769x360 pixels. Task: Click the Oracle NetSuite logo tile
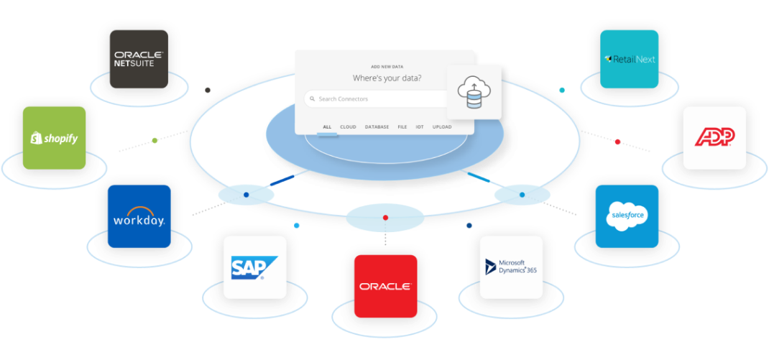[x=139, y=60]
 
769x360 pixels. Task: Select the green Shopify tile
[x=55, y=138]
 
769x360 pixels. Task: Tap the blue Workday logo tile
[x=139, y=216]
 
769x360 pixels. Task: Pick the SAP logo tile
[x=255, y=267]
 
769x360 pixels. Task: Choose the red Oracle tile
[x=385, y=286]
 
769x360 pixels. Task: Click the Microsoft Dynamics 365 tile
[x=511, y=267]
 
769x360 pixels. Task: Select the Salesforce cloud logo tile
[x=627, y=216]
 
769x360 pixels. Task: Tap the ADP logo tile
[x=714, y=138]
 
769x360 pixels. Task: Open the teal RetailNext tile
[x=630, y=60]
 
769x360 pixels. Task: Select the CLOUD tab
[x=349, y=127]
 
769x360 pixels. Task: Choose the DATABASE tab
[x=377, y=127]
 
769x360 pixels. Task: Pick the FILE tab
[x=402, y=127]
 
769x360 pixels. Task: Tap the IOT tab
[x=420, y=127]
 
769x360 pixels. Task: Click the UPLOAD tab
[x=442, y=127]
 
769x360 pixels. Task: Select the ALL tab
[x=327, y=127]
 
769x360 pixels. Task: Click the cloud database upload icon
[x=474, y=93]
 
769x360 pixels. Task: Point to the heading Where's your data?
[x=387, y=78]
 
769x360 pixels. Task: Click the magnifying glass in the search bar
[x=313, y=99]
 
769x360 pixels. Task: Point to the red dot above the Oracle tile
[x=385, y=217]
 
